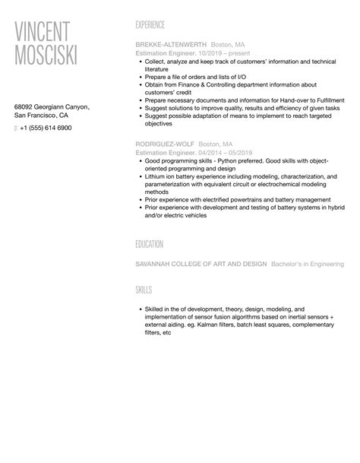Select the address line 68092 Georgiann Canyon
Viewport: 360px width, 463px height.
[52, 106]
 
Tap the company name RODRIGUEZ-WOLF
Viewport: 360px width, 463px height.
[163, 144]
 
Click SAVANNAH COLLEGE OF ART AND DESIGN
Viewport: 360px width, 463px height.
[201, 264]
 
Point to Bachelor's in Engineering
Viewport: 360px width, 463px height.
[307, 264]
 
